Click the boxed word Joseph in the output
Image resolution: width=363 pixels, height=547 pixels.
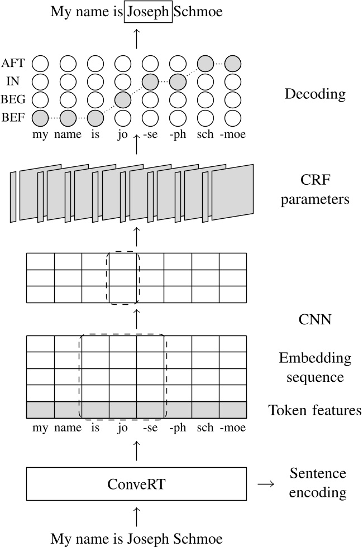pos(148,12)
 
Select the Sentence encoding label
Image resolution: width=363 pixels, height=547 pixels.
pos(318,483)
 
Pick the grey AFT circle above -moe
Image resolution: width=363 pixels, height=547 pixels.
pos(232,63)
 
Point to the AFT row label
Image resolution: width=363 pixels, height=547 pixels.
pos(13,64)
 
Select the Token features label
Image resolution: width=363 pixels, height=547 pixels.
pos(315,411)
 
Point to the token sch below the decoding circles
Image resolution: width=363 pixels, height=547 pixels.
pos(205,135)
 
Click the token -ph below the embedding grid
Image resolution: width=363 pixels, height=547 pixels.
pos(178,428)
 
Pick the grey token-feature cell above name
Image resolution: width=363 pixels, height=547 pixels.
pos(68,410)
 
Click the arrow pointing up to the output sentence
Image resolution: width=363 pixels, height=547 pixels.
pos(136,39)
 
